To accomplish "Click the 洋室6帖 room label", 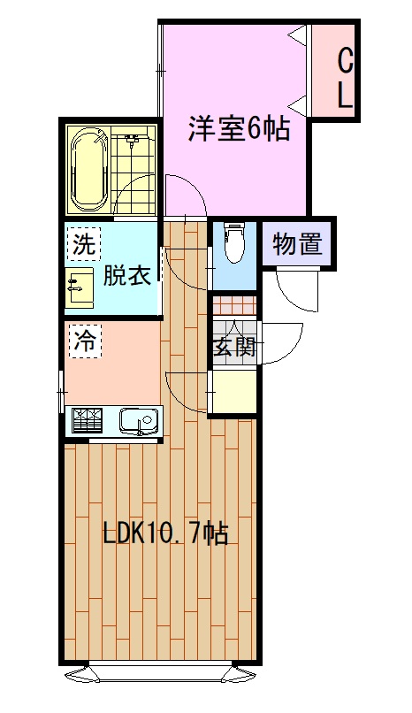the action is click(240, 128).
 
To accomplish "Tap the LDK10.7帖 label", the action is click(165, 533).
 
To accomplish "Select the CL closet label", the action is click(345, 79).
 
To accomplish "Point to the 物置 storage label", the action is click(298, 244).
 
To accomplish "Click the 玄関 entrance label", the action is click(235, 348).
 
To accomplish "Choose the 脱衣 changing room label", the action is click(126, 276).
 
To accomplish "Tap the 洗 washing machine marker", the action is click(85, 246).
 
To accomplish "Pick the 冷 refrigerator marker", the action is click(85, 342).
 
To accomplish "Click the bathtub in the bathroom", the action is click(90, 168).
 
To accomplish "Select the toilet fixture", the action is click(234, 242).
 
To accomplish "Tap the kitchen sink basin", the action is click(140, 420).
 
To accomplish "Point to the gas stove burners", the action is click(88, 420).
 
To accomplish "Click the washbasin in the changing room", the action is click(80, 287).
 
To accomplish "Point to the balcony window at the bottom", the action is click(160, 673).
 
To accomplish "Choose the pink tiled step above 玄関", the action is click(235, 305).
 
